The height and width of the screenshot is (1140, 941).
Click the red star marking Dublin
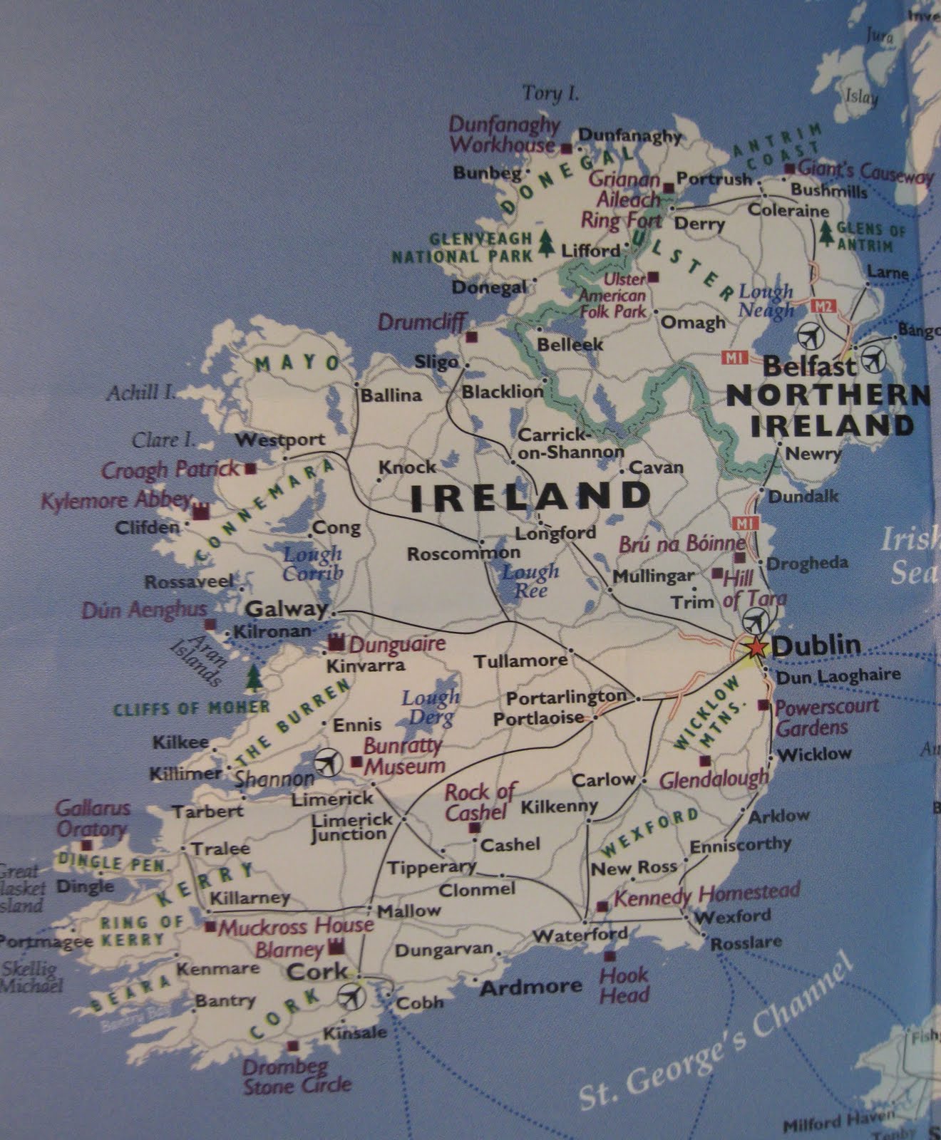pos(756,648)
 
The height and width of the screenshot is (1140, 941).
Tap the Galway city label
pos(285,609)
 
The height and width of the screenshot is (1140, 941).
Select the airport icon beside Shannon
pos(327,762)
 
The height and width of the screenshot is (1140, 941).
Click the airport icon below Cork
pos(350,995)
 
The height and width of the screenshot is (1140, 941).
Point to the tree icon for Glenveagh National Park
pos(547,242)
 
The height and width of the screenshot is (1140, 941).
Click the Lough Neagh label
pos(766,301)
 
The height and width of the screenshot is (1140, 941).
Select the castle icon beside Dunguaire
pos(336,643)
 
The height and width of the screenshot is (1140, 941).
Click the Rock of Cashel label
pos(479,802)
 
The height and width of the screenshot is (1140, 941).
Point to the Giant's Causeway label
pos(865,172)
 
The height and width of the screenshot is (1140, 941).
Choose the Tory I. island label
pos(550,93)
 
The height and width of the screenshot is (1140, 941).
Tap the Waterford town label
pos(580,934)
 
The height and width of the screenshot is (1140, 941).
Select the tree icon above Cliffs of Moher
pos(253,678)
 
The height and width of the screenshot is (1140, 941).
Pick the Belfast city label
pos(809,367)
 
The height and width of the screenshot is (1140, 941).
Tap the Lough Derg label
pos(431,707)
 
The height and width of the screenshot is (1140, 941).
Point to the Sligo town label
pos(436,362)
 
